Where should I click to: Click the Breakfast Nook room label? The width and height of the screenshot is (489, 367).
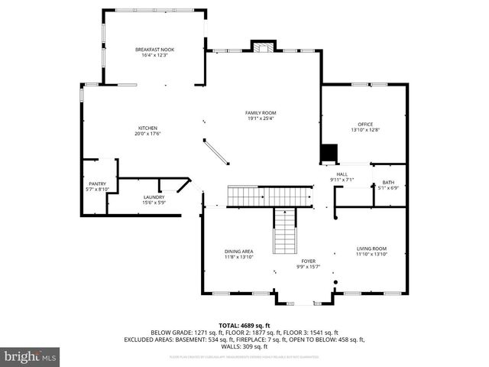pyautogui.click(x=151, y=49)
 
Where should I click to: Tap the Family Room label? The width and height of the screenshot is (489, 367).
pyautogui.click(x=260, y=112)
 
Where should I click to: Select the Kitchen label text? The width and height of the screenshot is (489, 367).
pyautogui.click(x=147, y=128)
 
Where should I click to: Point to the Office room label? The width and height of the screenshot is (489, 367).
pyautogui.click(x=365, y=124)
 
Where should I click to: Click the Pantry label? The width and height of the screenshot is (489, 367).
pyautogui.click(x=97, y=183)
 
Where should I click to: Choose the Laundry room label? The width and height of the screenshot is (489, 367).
pyautogui.click(x=154, y=197)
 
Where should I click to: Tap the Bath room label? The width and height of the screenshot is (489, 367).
pyautogui.click(x=388, y=182)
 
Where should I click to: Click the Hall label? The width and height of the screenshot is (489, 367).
pyautogui.click(x=342, y=174)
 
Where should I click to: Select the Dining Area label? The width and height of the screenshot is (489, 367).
pyautogui.click(x=238, y=252)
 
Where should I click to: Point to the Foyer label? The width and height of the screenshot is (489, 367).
pyautogui.click(x=309, y=261)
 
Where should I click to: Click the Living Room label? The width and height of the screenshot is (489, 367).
pyautogui.click(x=372, y=248)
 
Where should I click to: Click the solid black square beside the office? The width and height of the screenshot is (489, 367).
pyautogui.click(x=329, y=154)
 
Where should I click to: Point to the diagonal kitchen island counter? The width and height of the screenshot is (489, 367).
pyautogui.click(x=216, y=150)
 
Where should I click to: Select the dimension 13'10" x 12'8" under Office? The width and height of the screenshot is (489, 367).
pyautogui.click(x=365, y=130)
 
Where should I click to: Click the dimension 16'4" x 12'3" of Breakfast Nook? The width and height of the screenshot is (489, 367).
pyautogui.click(x=151, y=55)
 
